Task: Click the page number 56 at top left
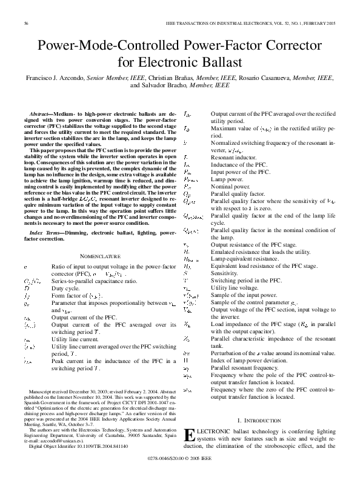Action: (x=27, y=23)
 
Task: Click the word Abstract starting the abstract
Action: (x=41, y=113)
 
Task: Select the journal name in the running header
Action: (x=234, y=23)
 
